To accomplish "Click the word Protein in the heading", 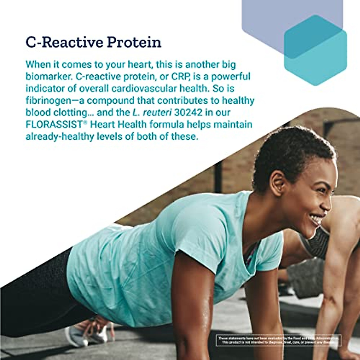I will (134, 43).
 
